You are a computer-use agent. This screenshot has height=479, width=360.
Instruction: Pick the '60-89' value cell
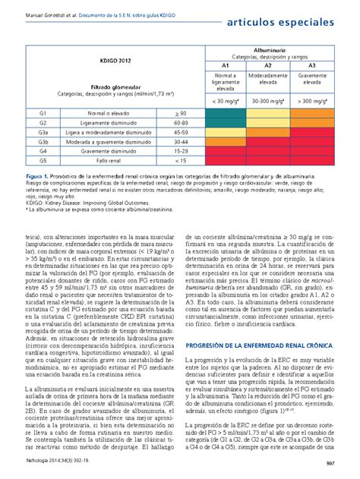[x=181, y=122]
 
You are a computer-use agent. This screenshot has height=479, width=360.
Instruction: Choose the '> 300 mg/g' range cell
[x=311, y=100]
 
